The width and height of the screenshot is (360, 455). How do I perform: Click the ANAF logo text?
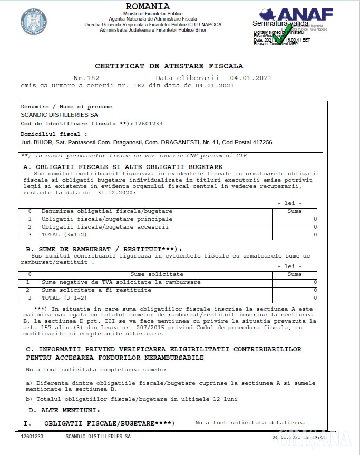click(x=306, y=14)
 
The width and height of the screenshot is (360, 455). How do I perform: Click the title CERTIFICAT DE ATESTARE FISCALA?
click(x=169, y=66)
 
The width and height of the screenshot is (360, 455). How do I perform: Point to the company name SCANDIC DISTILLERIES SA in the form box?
click(x=59, y=114)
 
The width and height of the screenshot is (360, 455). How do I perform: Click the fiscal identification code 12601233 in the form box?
click(x=149, y=124)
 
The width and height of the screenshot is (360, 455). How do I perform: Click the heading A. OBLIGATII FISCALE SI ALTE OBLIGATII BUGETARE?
click(x=123, y=167)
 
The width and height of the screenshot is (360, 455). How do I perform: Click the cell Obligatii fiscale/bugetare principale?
click(x=107, y=219)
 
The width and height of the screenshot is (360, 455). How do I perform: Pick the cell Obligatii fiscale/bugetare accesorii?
click(x=105, y=227)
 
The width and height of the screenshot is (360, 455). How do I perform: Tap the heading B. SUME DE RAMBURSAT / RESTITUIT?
click(x=103, y=249)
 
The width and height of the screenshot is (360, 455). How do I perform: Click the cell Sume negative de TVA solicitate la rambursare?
click(x=121, y=282)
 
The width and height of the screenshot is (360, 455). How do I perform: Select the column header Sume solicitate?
click(x=157, y=274)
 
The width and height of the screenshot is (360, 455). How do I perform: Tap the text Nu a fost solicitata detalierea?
click(x=250, y=423)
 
